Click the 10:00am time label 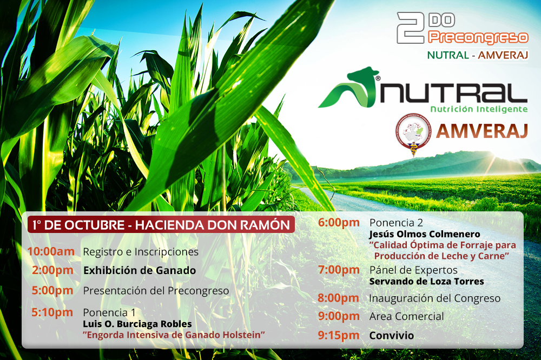click(51, 251)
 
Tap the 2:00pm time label click(52, 270)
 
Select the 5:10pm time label click(52, 312)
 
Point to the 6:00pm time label click(339, 223)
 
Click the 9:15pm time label click(339, 335)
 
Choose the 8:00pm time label click(339, 298)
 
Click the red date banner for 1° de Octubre click(161, 225)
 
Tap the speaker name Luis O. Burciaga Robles click(137, 324)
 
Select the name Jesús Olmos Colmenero click(424, 234)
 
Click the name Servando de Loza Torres click(426, 282)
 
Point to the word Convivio click(392, 335)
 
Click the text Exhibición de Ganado click(140, 270)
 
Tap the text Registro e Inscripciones click(141, 252)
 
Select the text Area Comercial click(406, 316)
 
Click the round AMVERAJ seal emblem click(413, 133)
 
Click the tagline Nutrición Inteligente click(479, 109)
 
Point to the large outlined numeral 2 click(411, 28)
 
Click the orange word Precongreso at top click(478, 38)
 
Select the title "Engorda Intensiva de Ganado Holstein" click(174, 335)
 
